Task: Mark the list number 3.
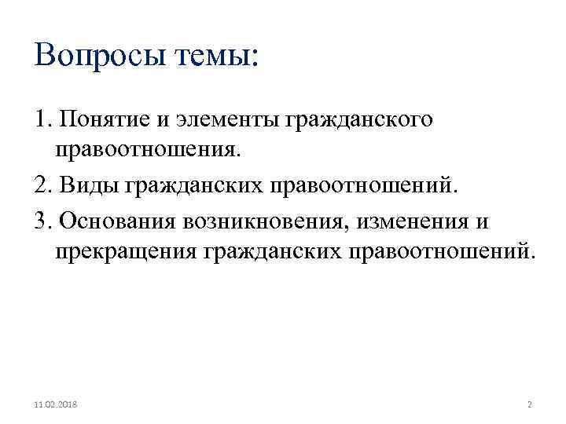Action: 42,221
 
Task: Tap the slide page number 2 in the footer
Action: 529,405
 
